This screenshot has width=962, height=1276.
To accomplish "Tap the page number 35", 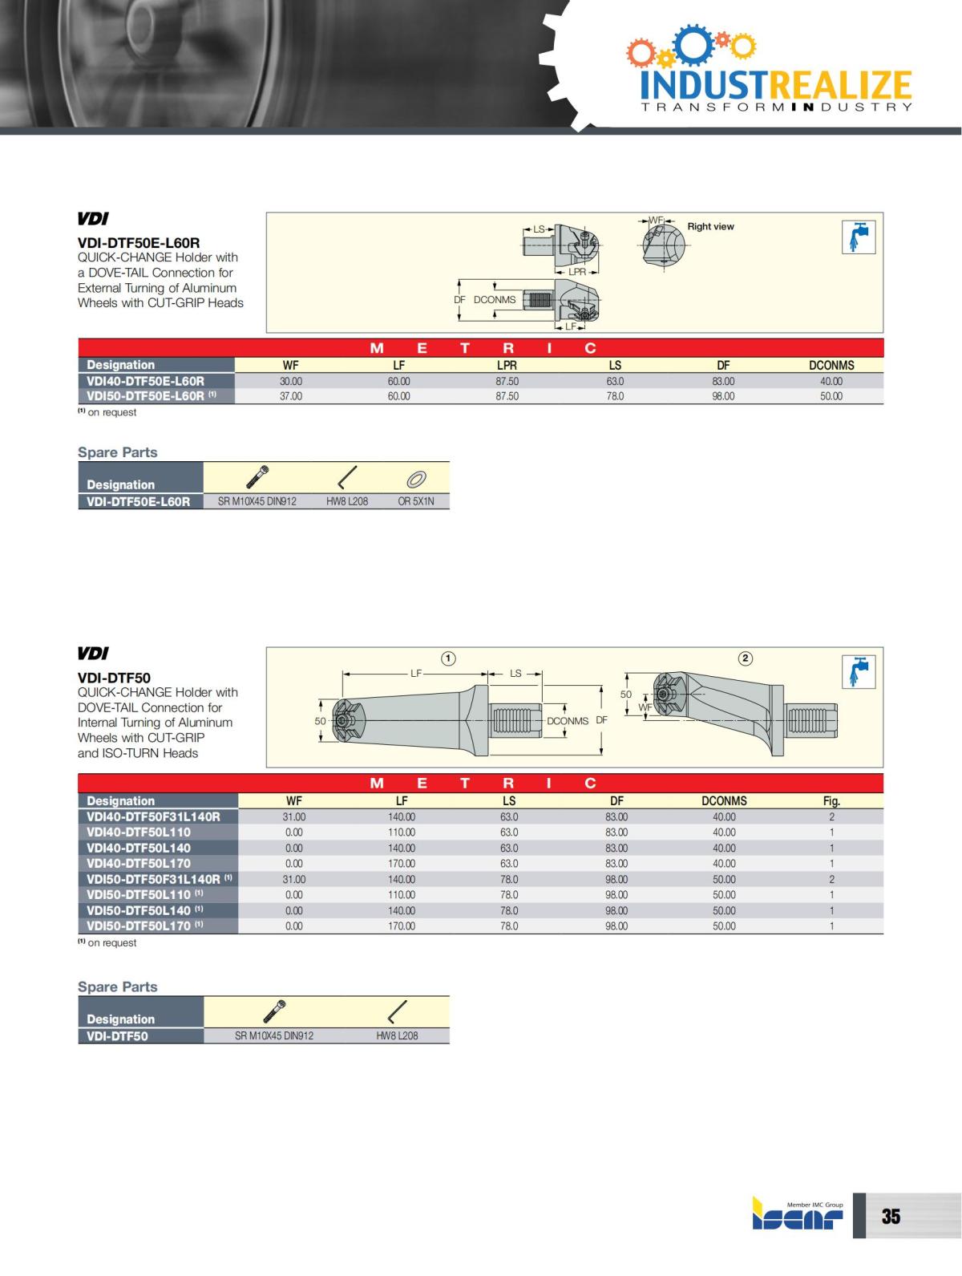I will coord(891,1217).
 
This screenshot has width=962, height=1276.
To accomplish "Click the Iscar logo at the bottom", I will coord(798,1216).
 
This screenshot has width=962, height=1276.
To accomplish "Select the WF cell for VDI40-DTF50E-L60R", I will coord(291,382).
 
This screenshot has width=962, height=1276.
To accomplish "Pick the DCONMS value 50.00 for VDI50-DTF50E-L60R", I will coord(831,396).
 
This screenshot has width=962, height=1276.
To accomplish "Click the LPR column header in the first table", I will coord(507,365).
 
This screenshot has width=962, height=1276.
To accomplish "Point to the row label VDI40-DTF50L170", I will coord(139,864).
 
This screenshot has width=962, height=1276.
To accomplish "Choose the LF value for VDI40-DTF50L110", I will coord(402,832).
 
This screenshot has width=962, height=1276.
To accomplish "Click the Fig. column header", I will coord(831,800).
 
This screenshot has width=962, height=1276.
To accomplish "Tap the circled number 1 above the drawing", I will coord(449,658).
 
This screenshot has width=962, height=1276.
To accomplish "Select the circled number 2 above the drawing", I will coord(746,658).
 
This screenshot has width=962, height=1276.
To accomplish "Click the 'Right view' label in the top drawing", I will coord(710,227).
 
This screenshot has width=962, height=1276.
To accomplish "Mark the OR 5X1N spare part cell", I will coord(416,501).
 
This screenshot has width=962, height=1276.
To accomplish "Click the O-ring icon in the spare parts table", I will coord(416,480).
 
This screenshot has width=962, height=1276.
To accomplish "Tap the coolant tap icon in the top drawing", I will coord(858,237).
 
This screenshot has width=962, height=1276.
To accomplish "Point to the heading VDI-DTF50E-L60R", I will coord(139,242).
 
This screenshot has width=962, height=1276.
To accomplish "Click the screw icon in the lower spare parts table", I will coord(275,1011).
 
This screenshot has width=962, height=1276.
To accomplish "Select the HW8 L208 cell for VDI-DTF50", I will coord(397,1035).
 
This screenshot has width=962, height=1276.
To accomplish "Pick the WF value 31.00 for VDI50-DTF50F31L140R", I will coord(294,879).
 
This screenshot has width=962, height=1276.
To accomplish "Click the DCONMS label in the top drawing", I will coord(495,300).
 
